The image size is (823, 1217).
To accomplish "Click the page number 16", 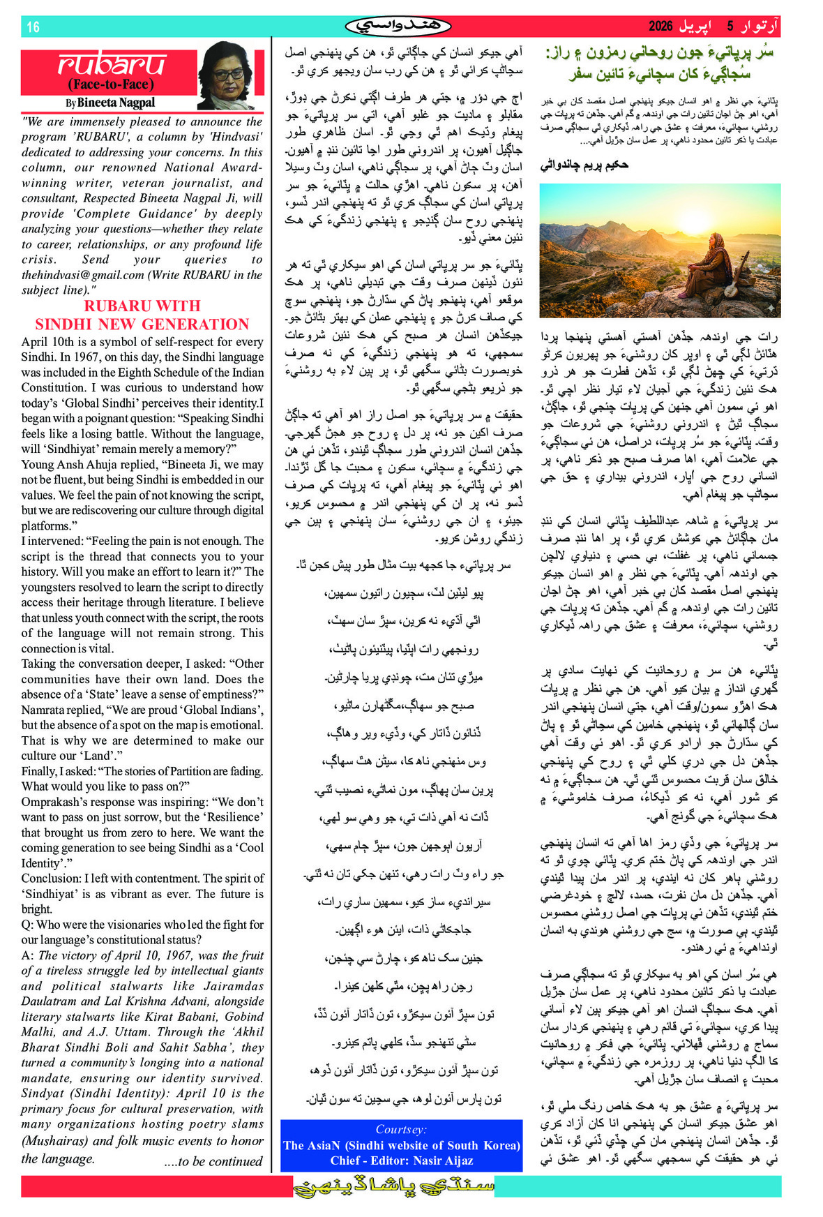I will click(33, 27).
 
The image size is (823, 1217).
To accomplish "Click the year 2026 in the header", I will click(660, 27).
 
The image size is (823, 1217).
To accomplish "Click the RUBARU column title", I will click(112, 65).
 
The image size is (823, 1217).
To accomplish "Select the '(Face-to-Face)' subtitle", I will click(110, 84).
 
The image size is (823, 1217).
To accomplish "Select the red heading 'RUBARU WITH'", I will click(142, 306).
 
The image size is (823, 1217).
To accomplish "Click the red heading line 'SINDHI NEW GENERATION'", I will click(142, 324).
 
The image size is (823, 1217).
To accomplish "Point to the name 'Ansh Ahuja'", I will click(86, 465).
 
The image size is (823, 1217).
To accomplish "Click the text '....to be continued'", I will click(213, 1162).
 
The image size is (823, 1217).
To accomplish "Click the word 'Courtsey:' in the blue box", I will click(401, 1129).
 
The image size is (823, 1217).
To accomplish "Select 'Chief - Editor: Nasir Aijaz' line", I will click(401, 1160).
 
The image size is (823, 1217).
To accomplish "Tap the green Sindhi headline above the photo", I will click(660, 63).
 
